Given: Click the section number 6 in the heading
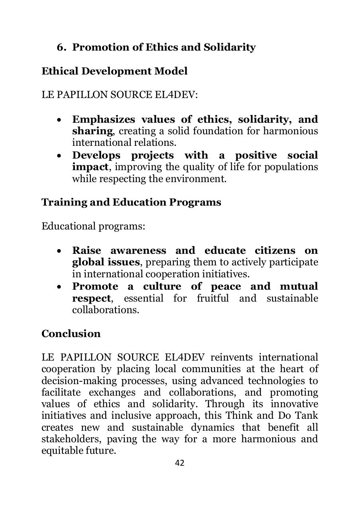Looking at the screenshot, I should [x=60, y=47].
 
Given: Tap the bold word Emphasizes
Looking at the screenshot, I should [x=104, y=120].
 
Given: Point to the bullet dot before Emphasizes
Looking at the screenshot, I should [x=59, y=120].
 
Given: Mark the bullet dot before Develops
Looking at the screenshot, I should [x=59, y=156].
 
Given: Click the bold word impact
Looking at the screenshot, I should [x=90, y=167].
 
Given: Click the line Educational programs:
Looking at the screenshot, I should [x=93, y=226].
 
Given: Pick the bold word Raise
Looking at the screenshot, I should [x=87, y=251].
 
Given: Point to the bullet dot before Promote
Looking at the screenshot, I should [x=59, y=287].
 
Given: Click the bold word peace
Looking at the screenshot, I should [x=226, y=286].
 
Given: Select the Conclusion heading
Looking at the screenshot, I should [x=71, y=333].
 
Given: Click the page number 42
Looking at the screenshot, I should [x=180, y=463].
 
